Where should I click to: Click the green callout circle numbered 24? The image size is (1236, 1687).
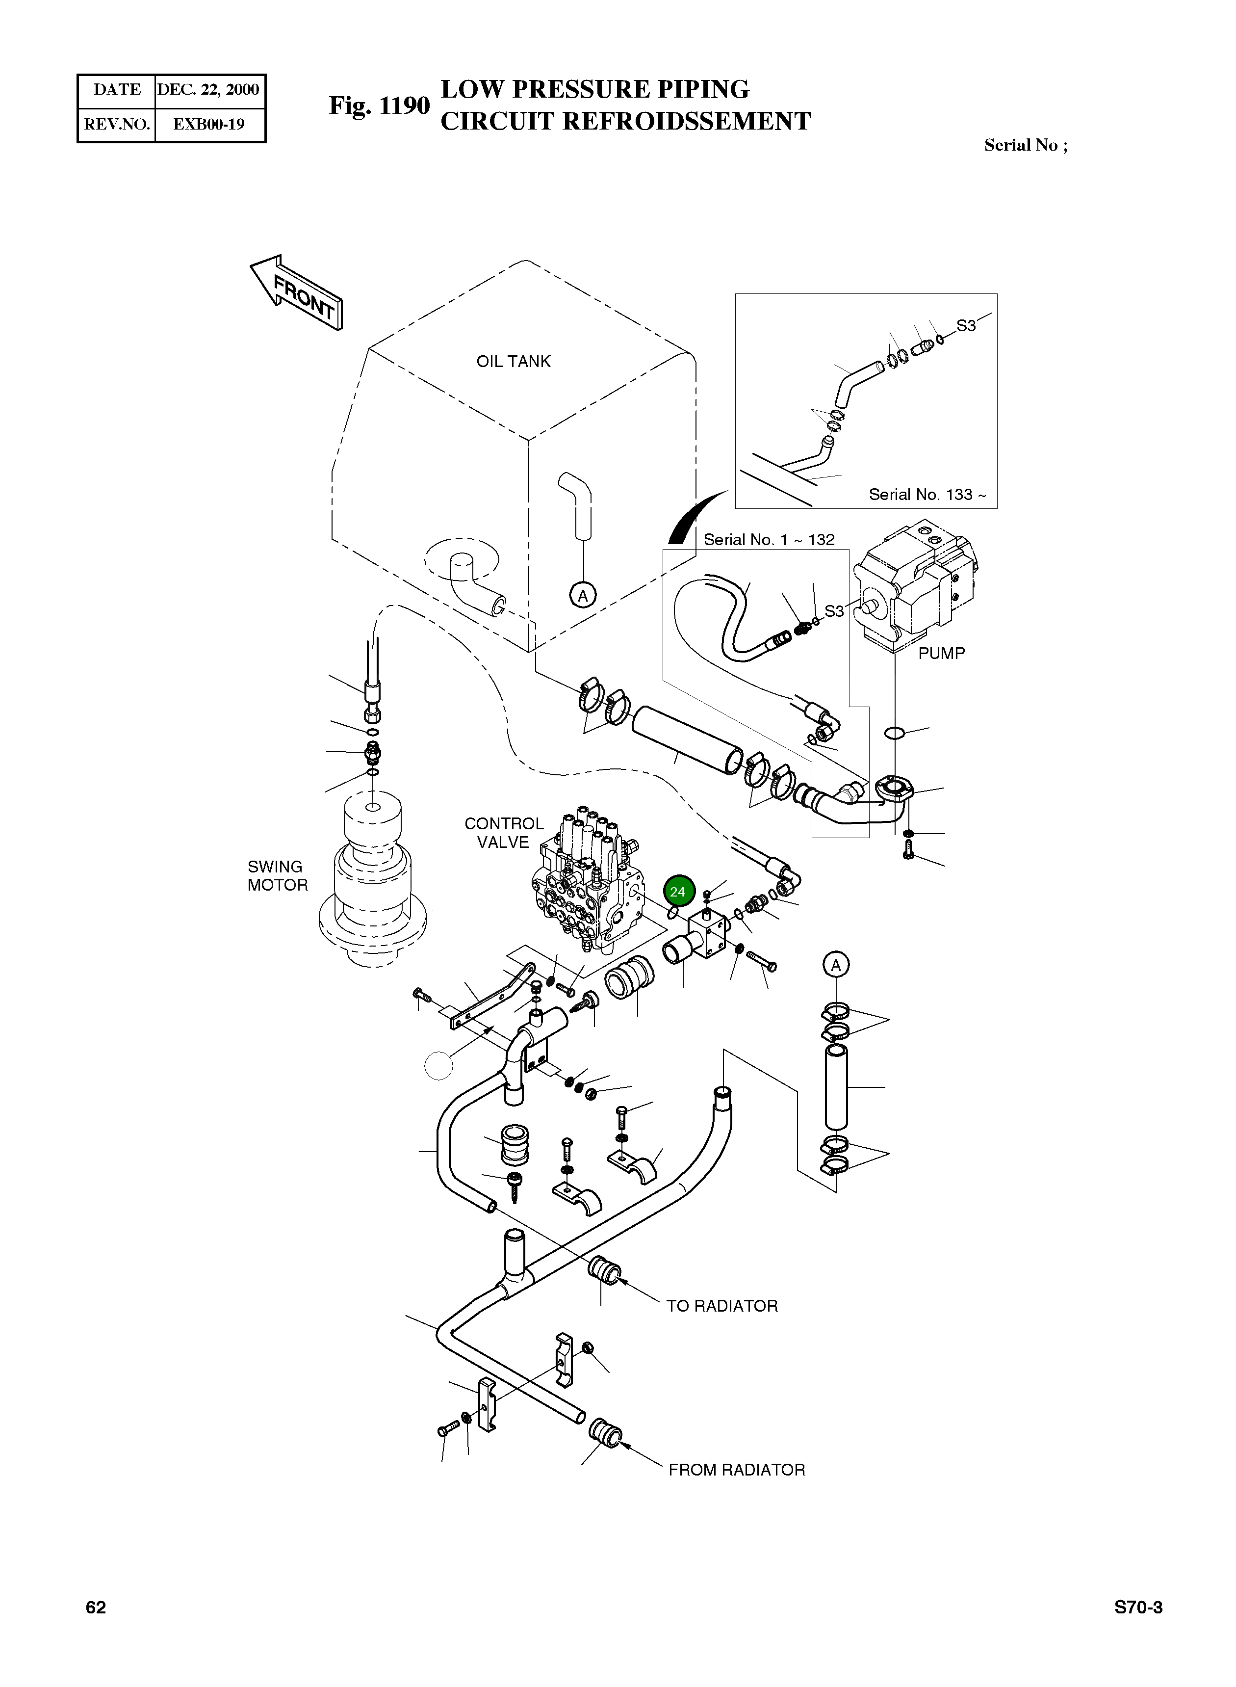click(x=678, y=892)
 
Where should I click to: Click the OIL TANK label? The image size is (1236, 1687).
click(x=513, y=362)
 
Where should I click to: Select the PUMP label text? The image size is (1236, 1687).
click(x=941, y=654)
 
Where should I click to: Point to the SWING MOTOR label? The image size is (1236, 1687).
click(x=278, y=876)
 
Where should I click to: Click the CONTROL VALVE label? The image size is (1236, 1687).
click(x=504, y=832)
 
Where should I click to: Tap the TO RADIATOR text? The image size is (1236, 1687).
click(x=722, y=1306)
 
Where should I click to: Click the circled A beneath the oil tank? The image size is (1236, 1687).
click(x=583, y=596)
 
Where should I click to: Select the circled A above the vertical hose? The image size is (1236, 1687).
click(x=836, y=965)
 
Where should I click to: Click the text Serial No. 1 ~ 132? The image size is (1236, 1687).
click(x=769, y=540)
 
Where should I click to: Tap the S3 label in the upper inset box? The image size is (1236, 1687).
click(x=966, y=326)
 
